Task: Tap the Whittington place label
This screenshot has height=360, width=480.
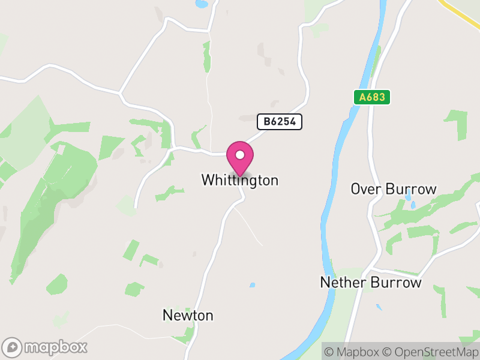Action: click(x=240, y=180)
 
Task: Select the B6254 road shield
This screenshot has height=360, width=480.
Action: click(x=280, y=122)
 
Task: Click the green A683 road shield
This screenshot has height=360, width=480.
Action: click(x=372, y=97)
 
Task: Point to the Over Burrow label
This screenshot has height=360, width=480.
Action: click(x=394, y=190)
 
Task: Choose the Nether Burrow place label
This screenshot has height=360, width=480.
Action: click(x=371, y=283)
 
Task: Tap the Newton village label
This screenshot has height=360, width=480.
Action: click(x=188, y=316)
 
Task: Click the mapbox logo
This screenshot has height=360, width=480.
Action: click(x=46, y=347)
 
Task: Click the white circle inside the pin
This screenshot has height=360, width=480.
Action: click(x=240, y=155)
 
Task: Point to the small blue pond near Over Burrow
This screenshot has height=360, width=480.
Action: click(x=412, y=205)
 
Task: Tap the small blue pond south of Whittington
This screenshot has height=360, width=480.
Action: click(x=252, y=284)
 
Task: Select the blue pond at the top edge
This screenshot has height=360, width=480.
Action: click(x=202, y=4)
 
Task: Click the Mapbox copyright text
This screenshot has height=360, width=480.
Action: click(x=354, y=352)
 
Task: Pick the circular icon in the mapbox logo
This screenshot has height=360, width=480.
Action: click(x=12, y=347)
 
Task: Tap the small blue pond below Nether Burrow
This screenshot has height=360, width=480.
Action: click(x=379, y=308)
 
